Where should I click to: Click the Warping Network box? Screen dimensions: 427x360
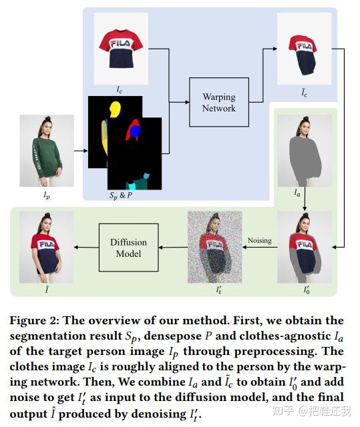218,102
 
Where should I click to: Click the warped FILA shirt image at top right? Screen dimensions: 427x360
304,47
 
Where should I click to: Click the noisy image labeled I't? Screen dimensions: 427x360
213,243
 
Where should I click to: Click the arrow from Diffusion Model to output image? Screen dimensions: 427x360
85,248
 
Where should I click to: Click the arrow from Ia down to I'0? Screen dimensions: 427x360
305,204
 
